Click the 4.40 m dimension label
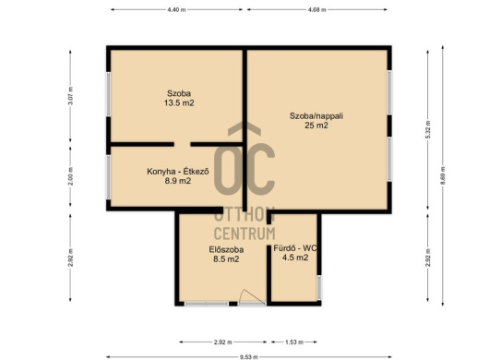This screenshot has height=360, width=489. coord(176,9)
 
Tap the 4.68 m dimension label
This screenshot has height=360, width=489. coord(317,9)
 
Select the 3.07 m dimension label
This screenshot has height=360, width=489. coord(70,96)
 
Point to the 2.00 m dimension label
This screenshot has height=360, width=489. coord(70,176)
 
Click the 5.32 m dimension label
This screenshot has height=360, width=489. coord(428,130)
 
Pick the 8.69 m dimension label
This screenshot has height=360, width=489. coord(443,176)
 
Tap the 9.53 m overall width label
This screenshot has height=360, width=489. coord(249,357)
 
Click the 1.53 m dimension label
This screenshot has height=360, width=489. coord(294,342)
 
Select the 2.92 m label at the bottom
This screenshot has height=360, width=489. coord(222,342)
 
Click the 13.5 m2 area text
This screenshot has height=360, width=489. coord(179,103)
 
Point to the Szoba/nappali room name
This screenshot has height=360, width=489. coord(316,116)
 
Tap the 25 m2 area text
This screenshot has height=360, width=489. coord(316,126)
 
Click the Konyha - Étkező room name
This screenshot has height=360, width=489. coord(178,172)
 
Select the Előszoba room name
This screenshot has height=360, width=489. coord(226,249)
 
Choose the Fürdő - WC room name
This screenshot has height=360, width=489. coord(295,248)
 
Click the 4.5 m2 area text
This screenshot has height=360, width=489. coord(295,258)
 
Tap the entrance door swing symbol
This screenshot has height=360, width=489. coord(251,296)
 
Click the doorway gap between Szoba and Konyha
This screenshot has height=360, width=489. coord(182,144)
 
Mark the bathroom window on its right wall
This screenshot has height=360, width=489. coord(318,288)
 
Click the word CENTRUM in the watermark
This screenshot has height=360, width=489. coord(244,234)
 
